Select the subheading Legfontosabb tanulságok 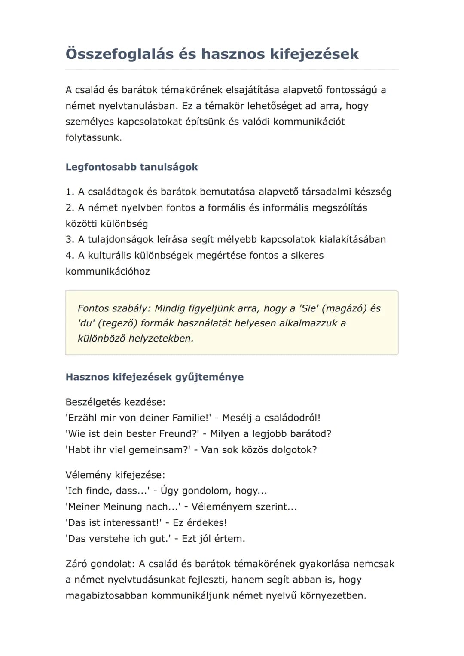131,167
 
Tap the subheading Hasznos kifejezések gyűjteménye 154,377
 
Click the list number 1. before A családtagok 70,192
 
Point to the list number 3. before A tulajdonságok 70,239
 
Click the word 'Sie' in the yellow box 308,308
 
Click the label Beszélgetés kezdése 115,402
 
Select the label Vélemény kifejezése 115,475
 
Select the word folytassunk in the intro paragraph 93,138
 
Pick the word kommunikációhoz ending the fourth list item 107,272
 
